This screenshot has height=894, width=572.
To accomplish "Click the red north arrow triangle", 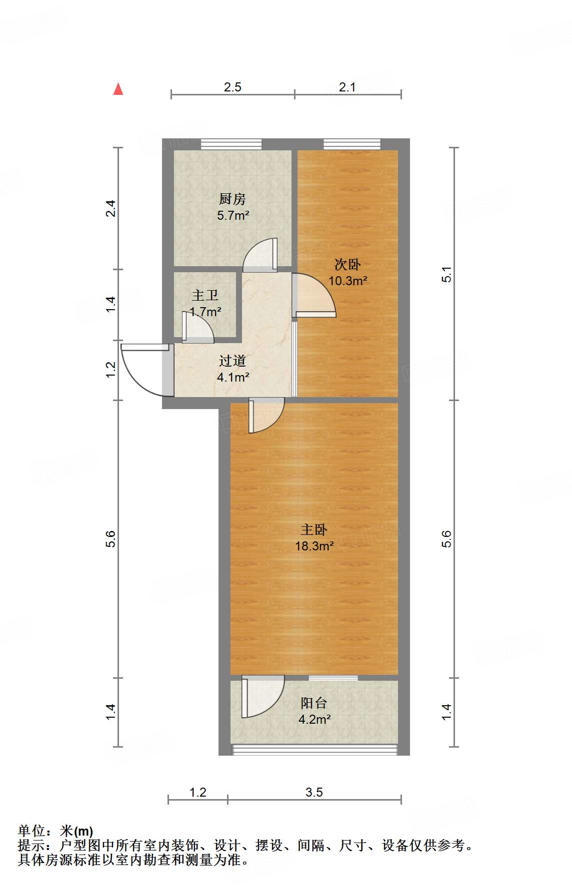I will click(x=118, y=89).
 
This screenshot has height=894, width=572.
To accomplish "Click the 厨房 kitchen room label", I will click(x=232, y=199).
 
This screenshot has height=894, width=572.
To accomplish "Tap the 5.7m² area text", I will click(x=233, y=216).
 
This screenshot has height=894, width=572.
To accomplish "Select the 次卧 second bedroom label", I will click(x=347, y=264).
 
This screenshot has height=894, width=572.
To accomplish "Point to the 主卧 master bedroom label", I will click(x=314, y=529).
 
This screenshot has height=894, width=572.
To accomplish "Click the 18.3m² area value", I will click(x=314, y=546).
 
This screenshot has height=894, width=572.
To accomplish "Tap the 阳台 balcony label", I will click(x=314, y=703).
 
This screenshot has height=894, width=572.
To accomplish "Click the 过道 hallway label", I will click(x=232, y=361).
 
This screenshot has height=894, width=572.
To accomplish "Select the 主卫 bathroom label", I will click(x=205, y=295).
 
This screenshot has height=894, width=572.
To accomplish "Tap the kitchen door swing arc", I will click(x=259, y=255).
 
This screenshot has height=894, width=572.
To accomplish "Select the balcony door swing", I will click(x=262, y=696).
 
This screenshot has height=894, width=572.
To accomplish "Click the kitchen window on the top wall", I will click(x=231, y=144).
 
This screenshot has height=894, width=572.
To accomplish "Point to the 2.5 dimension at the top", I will click(x=232, y=87).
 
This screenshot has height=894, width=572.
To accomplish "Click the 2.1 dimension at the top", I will click(x=347, y=87).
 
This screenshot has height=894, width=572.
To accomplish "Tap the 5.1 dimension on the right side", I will click(x=446, y=274).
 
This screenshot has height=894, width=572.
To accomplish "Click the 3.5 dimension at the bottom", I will click(x=314, y=793).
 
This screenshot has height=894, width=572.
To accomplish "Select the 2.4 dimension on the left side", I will click(x=111, y=208).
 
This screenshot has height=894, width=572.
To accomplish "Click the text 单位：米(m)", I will click(x=55, y=831).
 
